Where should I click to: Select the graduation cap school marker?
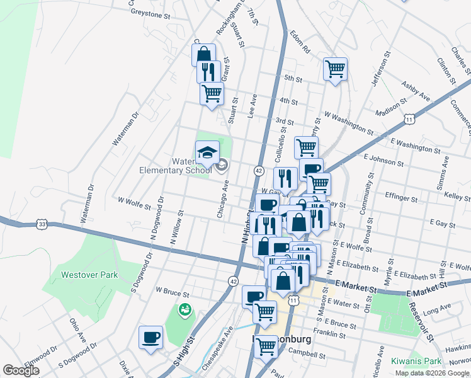(x=207, y=152)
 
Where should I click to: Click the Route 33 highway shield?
(x=42, y=224)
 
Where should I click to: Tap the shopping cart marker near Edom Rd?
(x=335, y=68)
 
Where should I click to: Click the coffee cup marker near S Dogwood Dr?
(x=151, y=337)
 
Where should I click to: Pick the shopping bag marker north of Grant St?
(x=203, y=55)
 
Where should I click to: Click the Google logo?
(x=21, y=370)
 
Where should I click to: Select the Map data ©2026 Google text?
(x=431, y=373)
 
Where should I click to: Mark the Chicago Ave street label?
(x=223, y=200)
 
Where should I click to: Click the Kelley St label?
(x=457, y=197)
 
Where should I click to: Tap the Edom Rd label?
(x=301, y=42)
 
